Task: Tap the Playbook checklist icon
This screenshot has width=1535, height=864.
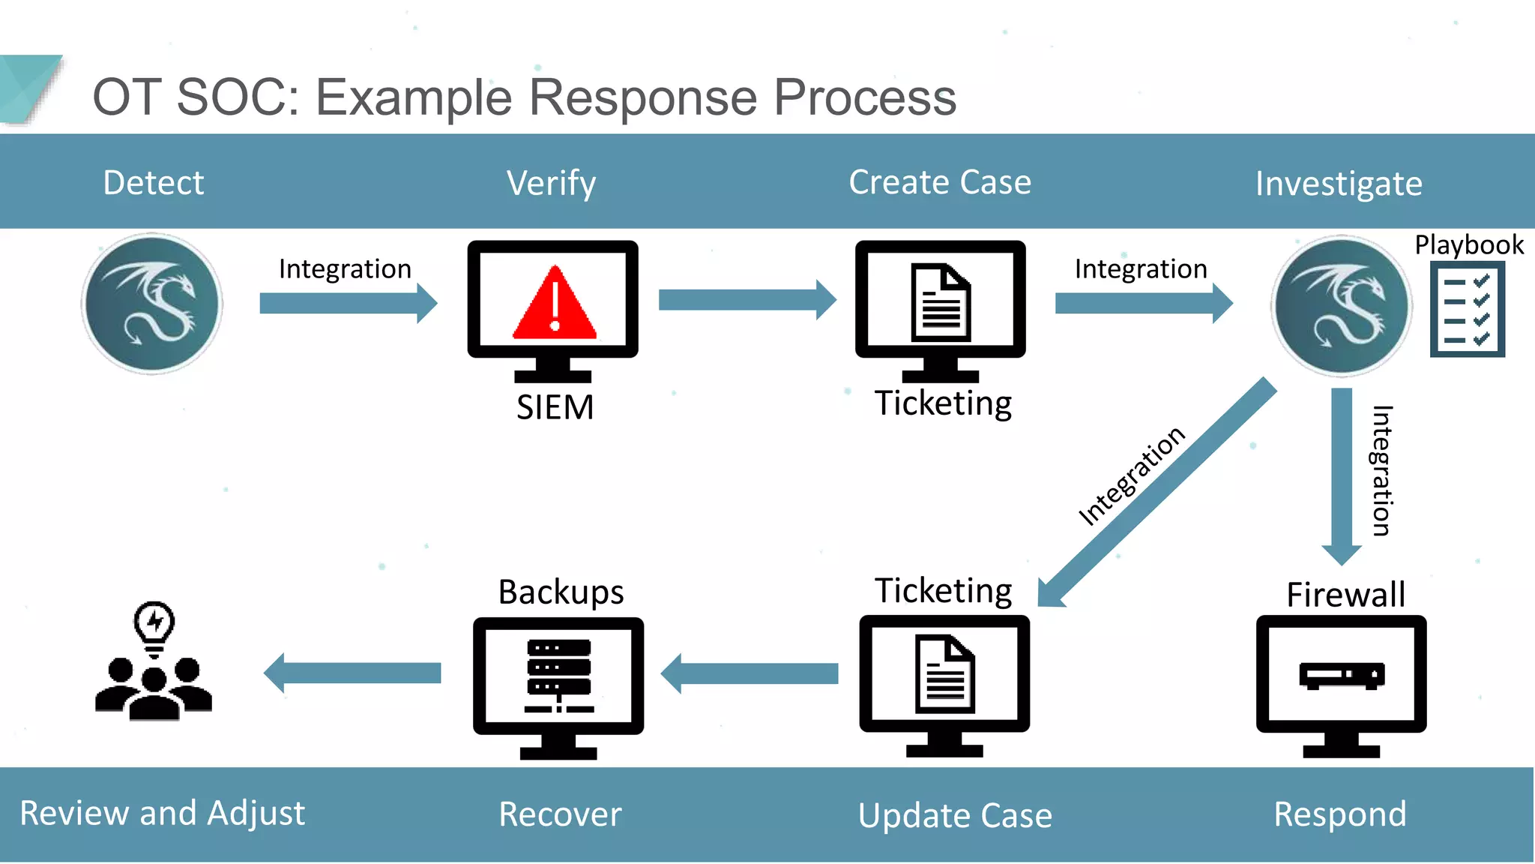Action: (x=1467, y=308)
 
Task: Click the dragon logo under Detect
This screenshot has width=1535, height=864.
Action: (x=152, y=304)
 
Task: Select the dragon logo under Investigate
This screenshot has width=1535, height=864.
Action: (x=1342, y=306)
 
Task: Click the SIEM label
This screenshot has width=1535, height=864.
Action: (x=555, y=407)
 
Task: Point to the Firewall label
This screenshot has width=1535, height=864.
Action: (x=1345, y=594)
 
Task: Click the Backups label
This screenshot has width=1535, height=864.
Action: (x=561, y=592)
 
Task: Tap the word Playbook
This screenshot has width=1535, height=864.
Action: (x=1468, y=244)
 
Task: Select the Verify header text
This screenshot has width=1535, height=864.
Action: (x=551, y=182)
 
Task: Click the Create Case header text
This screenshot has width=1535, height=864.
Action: (x=940, y=182)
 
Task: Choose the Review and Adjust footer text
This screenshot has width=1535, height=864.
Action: (x=162, y=813)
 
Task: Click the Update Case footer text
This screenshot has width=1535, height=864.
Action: (x=955, y=815)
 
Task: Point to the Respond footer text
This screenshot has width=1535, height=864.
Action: (x=1340, y=814)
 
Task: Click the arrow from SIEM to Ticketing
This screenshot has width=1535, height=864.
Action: (x=747, y=300)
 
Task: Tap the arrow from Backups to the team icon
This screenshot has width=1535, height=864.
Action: (x=352, y=673)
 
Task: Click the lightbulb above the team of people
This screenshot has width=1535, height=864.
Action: (x=154, y=626)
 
